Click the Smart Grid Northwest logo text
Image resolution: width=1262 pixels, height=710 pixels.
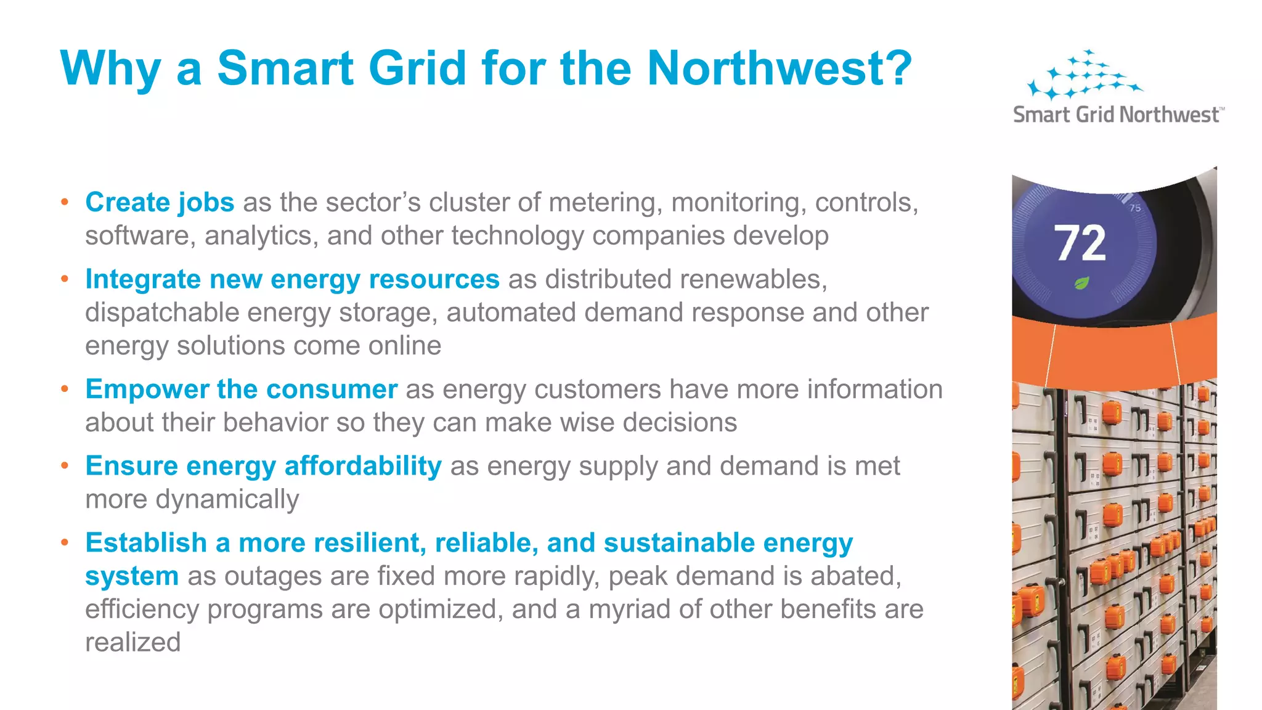(1117, 115)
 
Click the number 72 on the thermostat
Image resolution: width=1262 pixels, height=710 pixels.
(1080, 243)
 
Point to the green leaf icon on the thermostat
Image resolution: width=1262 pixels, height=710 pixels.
(1082, 284)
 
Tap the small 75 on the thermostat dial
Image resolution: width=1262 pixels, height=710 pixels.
(1135, 208)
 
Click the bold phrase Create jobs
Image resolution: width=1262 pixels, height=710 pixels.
(160, 202)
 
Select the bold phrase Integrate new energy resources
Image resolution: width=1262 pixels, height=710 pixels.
(292, 279)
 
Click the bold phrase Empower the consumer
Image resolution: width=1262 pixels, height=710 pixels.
(241, 390)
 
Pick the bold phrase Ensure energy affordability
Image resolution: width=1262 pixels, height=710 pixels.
(263, 466)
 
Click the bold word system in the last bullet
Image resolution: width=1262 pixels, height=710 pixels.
(132, 576)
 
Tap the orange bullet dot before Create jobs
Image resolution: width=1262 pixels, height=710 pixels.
(65, 202)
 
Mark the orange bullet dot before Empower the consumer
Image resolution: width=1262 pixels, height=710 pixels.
(65, 390)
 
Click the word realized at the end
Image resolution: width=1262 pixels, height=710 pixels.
(132, 643)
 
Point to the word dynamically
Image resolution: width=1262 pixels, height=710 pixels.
(227, 499)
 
